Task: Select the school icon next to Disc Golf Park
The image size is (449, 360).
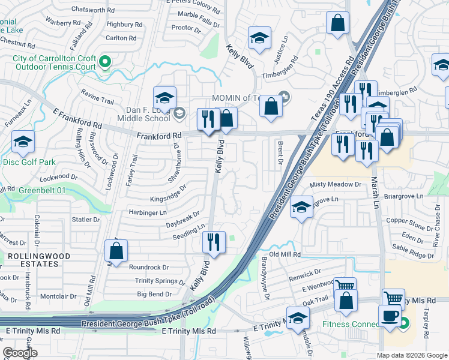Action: (x=23, y=142)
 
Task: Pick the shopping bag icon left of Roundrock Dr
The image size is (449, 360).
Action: (x=116, y=251)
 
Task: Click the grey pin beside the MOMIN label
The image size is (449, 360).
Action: (x=285, y=97)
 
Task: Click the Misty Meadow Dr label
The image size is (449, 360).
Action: (x=336, y=185)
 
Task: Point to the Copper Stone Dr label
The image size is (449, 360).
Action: (x=406, y=221)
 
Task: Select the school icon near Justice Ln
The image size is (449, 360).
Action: (x=259, y=38)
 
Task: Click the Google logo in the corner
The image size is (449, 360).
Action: (x=20, y=353)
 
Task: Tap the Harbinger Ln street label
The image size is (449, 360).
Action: (x=147, y=212)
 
